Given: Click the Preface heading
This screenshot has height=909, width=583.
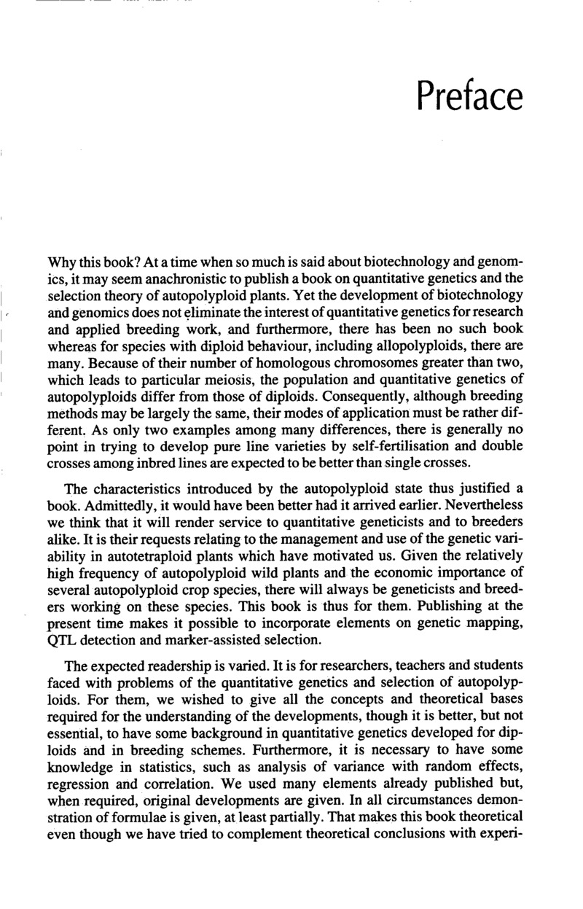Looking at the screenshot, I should tap(470, 96).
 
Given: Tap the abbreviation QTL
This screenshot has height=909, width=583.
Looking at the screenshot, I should tap(63, 641).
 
